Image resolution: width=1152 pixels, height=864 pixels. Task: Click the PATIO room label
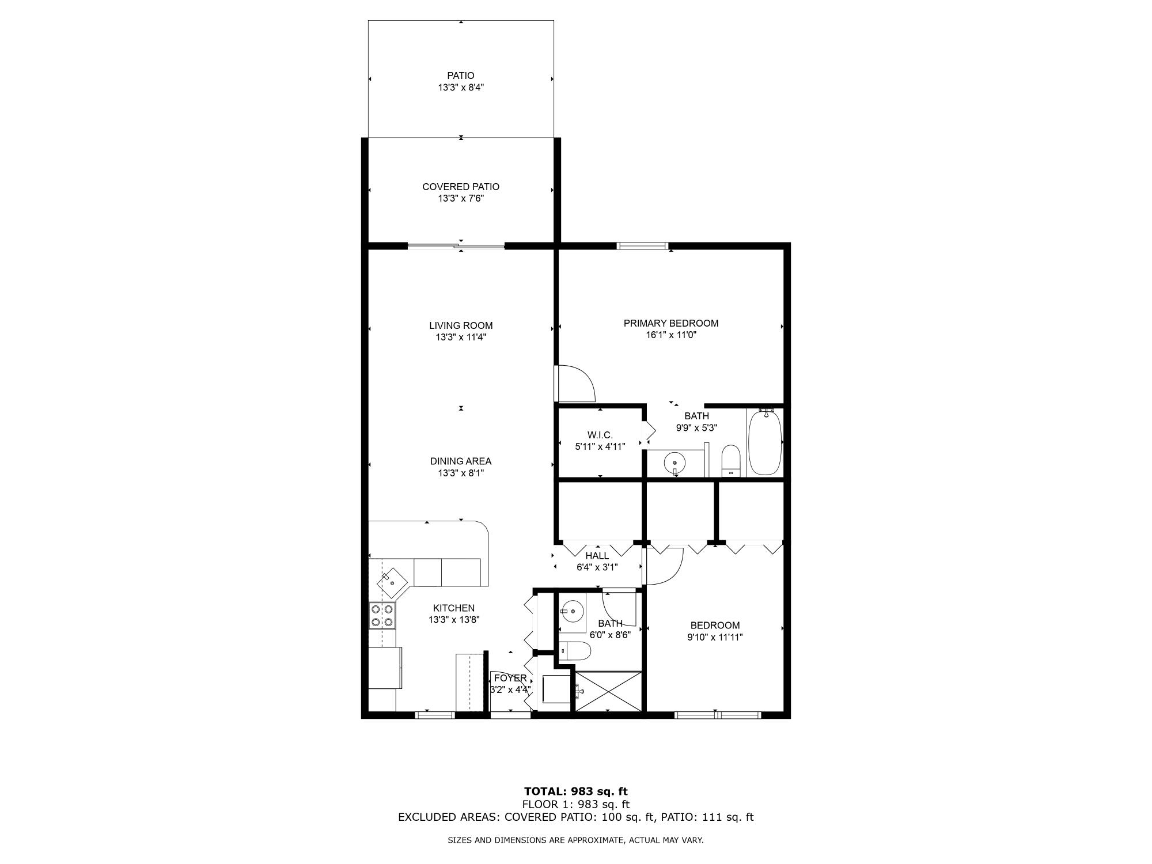click(x=460, y=75)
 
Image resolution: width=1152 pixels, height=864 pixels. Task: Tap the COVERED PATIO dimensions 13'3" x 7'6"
click(x=460, y=199)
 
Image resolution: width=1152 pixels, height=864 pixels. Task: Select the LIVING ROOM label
click(x=460, y=325)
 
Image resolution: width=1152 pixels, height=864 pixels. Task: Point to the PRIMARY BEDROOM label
click(x=671, y=323)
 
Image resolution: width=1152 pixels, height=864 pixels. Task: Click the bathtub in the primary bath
click(x=764, y=441)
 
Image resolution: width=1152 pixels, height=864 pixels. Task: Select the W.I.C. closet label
click(x=600, y=435)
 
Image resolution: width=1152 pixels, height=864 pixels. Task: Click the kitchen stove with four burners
click(x=382, y=615)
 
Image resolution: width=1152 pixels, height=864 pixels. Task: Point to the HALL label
click(x=597, y=556)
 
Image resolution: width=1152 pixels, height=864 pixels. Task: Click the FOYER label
click(x=510, y=678)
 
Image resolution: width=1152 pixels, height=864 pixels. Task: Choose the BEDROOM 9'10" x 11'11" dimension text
click(x=715, y=637)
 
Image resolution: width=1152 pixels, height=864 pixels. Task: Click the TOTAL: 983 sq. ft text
click(x=575, y=791)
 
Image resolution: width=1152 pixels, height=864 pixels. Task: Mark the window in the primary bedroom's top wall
click(x=642, y=246)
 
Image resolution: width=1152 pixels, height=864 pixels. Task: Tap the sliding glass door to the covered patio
click(x=456, y=247)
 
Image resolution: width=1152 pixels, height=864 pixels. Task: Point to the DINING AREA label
click(x=460, y=461)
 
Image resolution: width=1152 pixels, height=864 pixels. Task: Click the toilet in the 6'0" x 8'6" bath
click(x=575, y=651)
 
